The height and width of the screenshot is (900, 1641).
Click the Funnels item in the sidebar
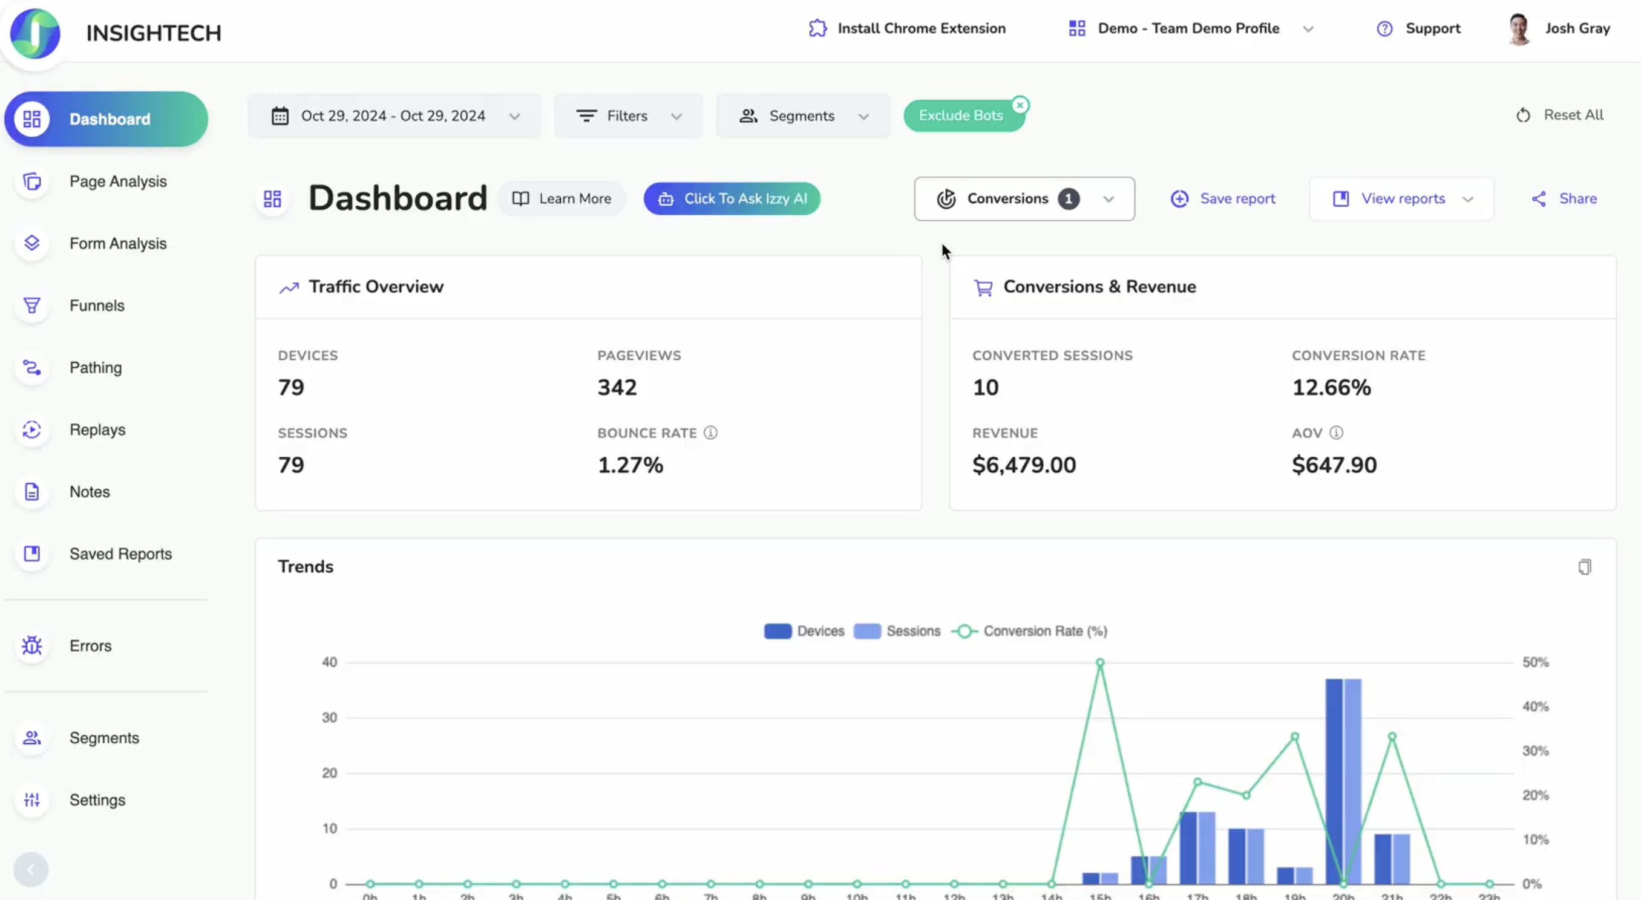coord(96,305)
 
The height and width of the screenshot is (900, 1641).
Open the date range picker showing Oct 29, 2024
coord(394,116)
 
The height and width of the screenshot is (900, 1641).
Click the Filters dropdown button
coord(627,116)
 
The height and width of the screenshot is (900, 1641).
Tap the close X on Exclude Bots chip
coord(1020,105)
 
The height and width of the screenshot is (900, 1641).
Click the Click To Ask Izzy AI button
coord(732,199)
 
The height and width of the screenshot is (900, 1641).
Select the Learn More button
coord(562,199)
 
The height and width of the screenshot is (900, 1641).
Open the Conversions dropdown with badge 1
coord(1024,199)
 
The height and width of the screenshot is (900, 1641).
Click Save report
coord(1222,199)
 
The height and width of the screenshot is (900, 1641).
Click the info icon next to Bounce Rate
coord(710,433)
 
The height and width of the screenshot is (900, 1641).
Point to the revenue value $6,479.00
coord(1024,465)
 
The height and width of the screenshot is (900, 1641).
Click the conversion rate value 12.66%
coord(1331,387)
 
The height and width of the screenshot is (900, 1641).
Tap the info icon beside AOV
coord(1336,433)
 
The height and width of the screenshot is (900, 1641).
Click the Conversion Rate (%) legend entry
coord(1029,631)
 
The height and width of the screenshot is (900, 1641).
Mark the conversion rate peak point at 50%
coord(1099,663)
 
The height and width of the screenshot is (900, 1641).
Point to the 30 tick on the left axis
coord(329,718)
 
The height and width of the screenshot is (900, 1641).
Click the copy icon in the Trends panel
coord(1584,567)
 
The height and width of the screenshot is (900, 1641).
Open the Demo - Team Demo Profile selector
coord(1189,28)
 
